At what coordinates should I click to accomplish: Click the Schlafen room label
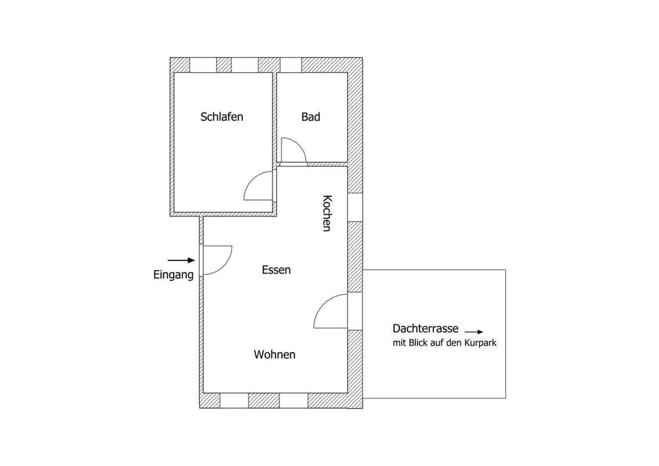tap(222, 117)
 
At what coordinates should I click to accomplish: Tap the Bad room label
tap(310, 117)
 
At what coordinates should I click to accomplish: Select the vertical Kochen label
tap(327, 213)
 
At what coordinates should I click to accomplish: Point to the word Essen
tap(276, 270)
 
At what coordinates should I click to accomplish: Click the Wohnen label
tap(275, 355)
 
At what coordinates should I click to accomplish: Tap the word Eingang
tap(173, 274)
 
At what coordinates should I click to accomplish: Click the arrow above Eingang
tap(181, 260)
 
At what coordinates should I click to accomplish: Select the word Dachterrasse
tap(426, 329)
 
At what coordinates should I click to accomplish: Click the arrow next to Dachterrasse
tap(474, 331)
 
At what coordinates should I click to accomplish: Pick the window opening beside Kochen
tap(355, 207)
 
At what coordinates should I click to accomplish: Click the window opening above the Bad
tap(291, 65)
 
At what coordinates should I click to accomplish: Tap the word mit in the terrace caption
tap(399, 342)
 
